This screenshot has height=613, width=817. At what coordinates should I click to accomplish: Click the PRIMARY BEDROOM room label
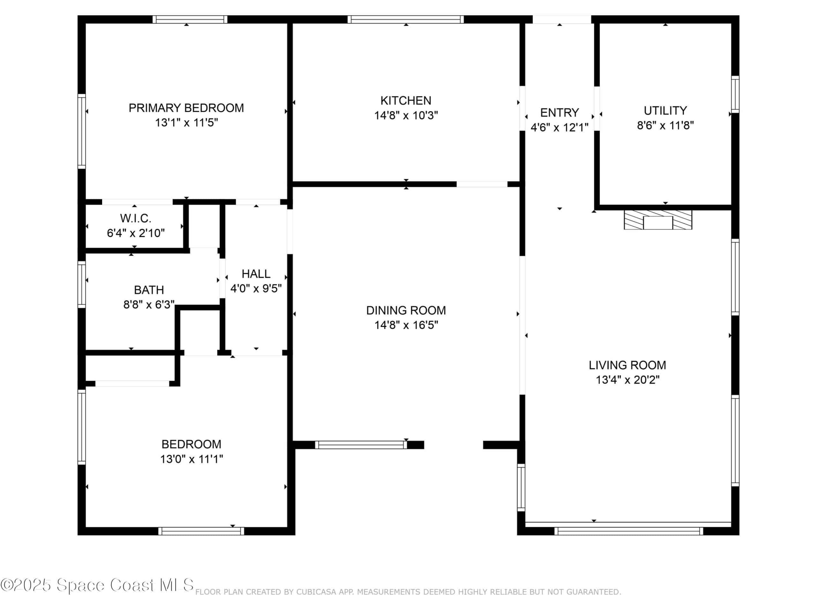click(x=186, y=108)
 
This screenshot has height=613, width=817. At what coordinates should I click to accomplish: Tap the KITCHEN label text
click(x=406, y=101)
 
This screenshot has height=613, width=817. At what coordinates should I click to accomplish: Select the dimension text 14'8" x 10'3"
click(x=406, y=115)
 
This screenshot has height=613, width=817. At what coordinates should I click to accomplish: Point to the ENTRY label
click(x=559, y=112)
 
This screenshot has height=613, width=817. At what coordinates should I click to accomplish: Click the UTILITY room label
click(x=665, y=110)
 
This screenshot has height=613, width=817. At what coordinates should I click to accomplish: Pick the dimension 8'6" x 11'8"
click(x=665, y=125)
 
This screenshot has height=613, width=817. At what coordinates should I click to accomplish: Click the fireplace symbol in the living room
click(x=658, y=220)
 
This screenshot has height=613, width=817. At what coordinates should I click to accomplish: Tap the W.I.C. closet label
click(x=136, y=218)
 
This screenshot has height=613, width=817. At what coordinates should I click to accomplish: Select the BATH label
click(x=149, y=290)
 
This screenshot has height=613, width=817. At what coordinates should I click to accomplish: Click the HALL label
click(x=256, y=274)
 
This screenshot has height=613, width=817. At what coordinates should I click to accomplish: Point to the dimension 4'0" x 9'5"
click(x=256, y=288)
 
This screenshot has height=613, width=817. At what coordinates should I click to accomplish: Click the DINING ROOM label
click(x=406, y=310)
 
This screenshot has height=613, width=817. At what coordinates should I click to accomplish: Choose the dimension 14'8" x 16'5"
click(x=406, y=325)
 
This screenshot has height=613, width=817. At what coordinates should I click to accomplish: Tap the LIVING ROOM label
click(x=627, y=365)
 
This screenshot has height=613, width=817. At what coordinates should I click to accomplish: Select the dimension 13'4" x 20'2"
click(x=627, y=380)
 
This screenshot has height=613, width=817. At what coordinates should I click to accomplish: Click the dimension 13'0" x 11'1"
click(x=191, y=459)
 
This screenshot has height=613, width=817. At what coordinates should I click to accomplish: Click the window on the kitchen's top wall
click(x=406, y=19)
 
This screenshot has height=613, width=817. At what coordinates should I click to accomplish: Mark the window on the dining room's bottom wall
click(x=361, y=445)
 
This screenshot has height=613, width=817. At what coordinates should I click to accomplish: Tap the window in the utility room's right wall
click(x=735, y=94)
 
